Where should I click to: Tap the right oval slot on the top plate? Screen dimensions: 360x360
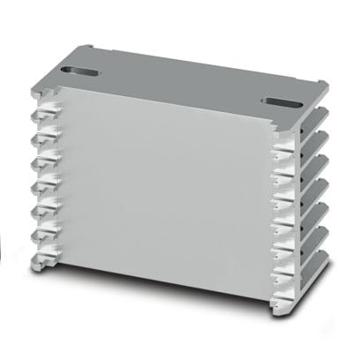pyautogui.click(x=281, y=101)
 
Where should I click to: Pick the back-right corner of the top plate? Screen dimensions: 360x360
pyautogui.click(x=327, y=84)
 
